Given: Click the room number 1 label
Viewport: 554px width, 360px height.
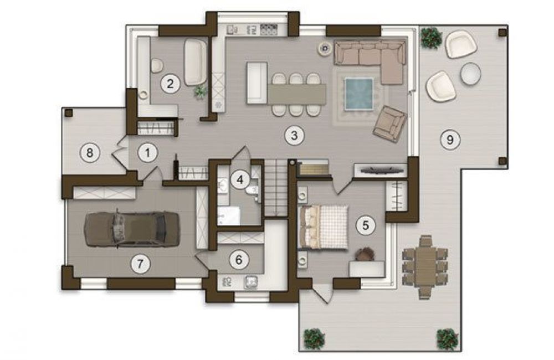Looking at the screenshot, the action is point(147,153).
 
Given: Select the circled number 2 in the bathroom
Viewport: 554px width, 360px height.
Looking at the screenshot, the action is point(170,84).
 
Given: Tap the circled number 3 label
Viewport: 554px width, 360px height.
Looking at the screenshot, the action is point(294,135).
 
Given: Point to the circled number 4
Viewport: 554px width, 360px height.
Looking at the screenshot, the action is point(240,180).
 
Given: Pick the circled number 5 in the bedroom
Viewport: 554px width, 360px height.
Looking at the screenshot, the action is point(366,225).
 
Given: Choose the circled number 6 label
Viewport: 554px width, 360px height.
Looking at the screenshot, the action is point(239,260).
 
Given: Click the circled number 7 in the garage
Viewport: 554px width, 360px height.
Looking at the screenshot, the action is point(140,264).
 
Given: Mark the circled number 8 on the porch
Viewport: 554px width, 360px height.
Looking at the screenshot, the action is point(90,153).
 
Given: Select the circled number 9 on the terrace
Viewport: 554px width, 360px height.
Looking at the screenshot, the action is point(450,140).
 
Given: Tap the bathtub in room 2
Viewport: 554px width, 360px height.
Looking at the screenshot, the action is point(196,62).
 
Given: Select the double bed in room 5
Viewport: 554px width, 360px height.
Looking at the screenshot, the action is point(324,227).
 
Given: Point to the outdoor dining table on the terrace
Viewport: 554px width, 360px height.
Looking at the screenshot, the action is point(425,267).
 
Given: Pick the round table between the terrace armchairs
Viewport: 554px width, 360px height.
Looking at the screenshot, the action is point(470,74).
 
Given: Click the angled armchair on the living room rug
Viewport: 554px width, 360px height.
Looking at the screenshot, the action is point(389,124).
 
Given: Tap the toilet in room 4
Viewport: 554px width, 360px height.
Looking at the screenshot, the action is point(252,190).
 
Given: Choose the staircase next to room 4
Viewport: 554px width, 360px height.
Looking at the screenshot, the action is point(276,188).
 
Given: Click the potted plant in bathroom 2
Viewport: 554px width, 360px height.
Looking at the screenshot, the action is point(201,92).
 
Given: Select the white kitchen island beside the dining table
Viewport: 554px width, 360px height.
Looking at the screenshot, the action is point(257,83).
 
